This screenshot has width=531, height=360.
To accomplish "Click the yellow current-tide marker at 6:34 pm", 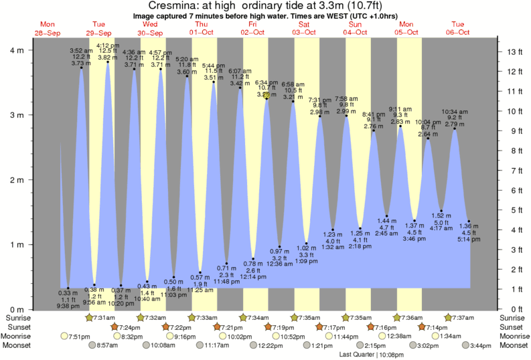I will tap(266, 96).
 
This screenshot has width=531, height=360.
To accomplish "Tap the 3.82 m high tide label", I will tap(108, 58).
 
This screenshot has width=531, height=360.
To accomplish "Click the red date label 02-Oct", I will tap(252, 32).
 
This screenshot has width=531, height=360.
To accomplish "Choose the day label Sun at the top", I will tap(355, 24).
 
